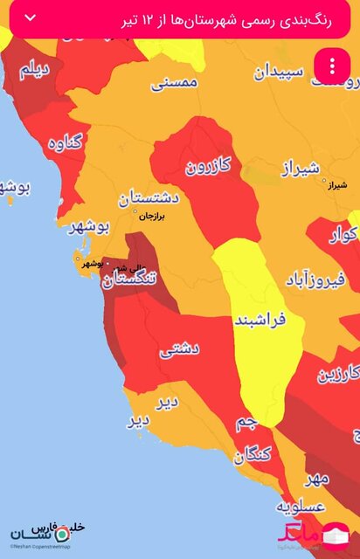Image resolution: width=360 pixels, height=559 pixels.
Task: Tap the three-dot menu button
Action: [333, 66]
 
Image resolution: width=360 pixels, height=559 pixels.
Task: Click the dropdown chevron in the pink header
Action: [31, 18]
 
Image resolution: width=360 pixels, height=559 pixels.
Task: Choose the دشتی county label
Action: [180, 349]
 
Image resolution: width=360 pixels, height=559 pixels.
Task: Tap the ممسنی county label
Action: [176, 83]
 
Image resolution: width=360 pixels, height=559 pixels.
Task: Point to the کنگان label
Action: [253, 453]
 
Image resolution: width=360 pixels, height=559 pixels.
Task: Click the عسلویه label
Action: [301, 507]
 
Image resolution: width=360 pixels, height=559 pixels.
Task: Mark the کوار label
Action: [343, 235]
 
